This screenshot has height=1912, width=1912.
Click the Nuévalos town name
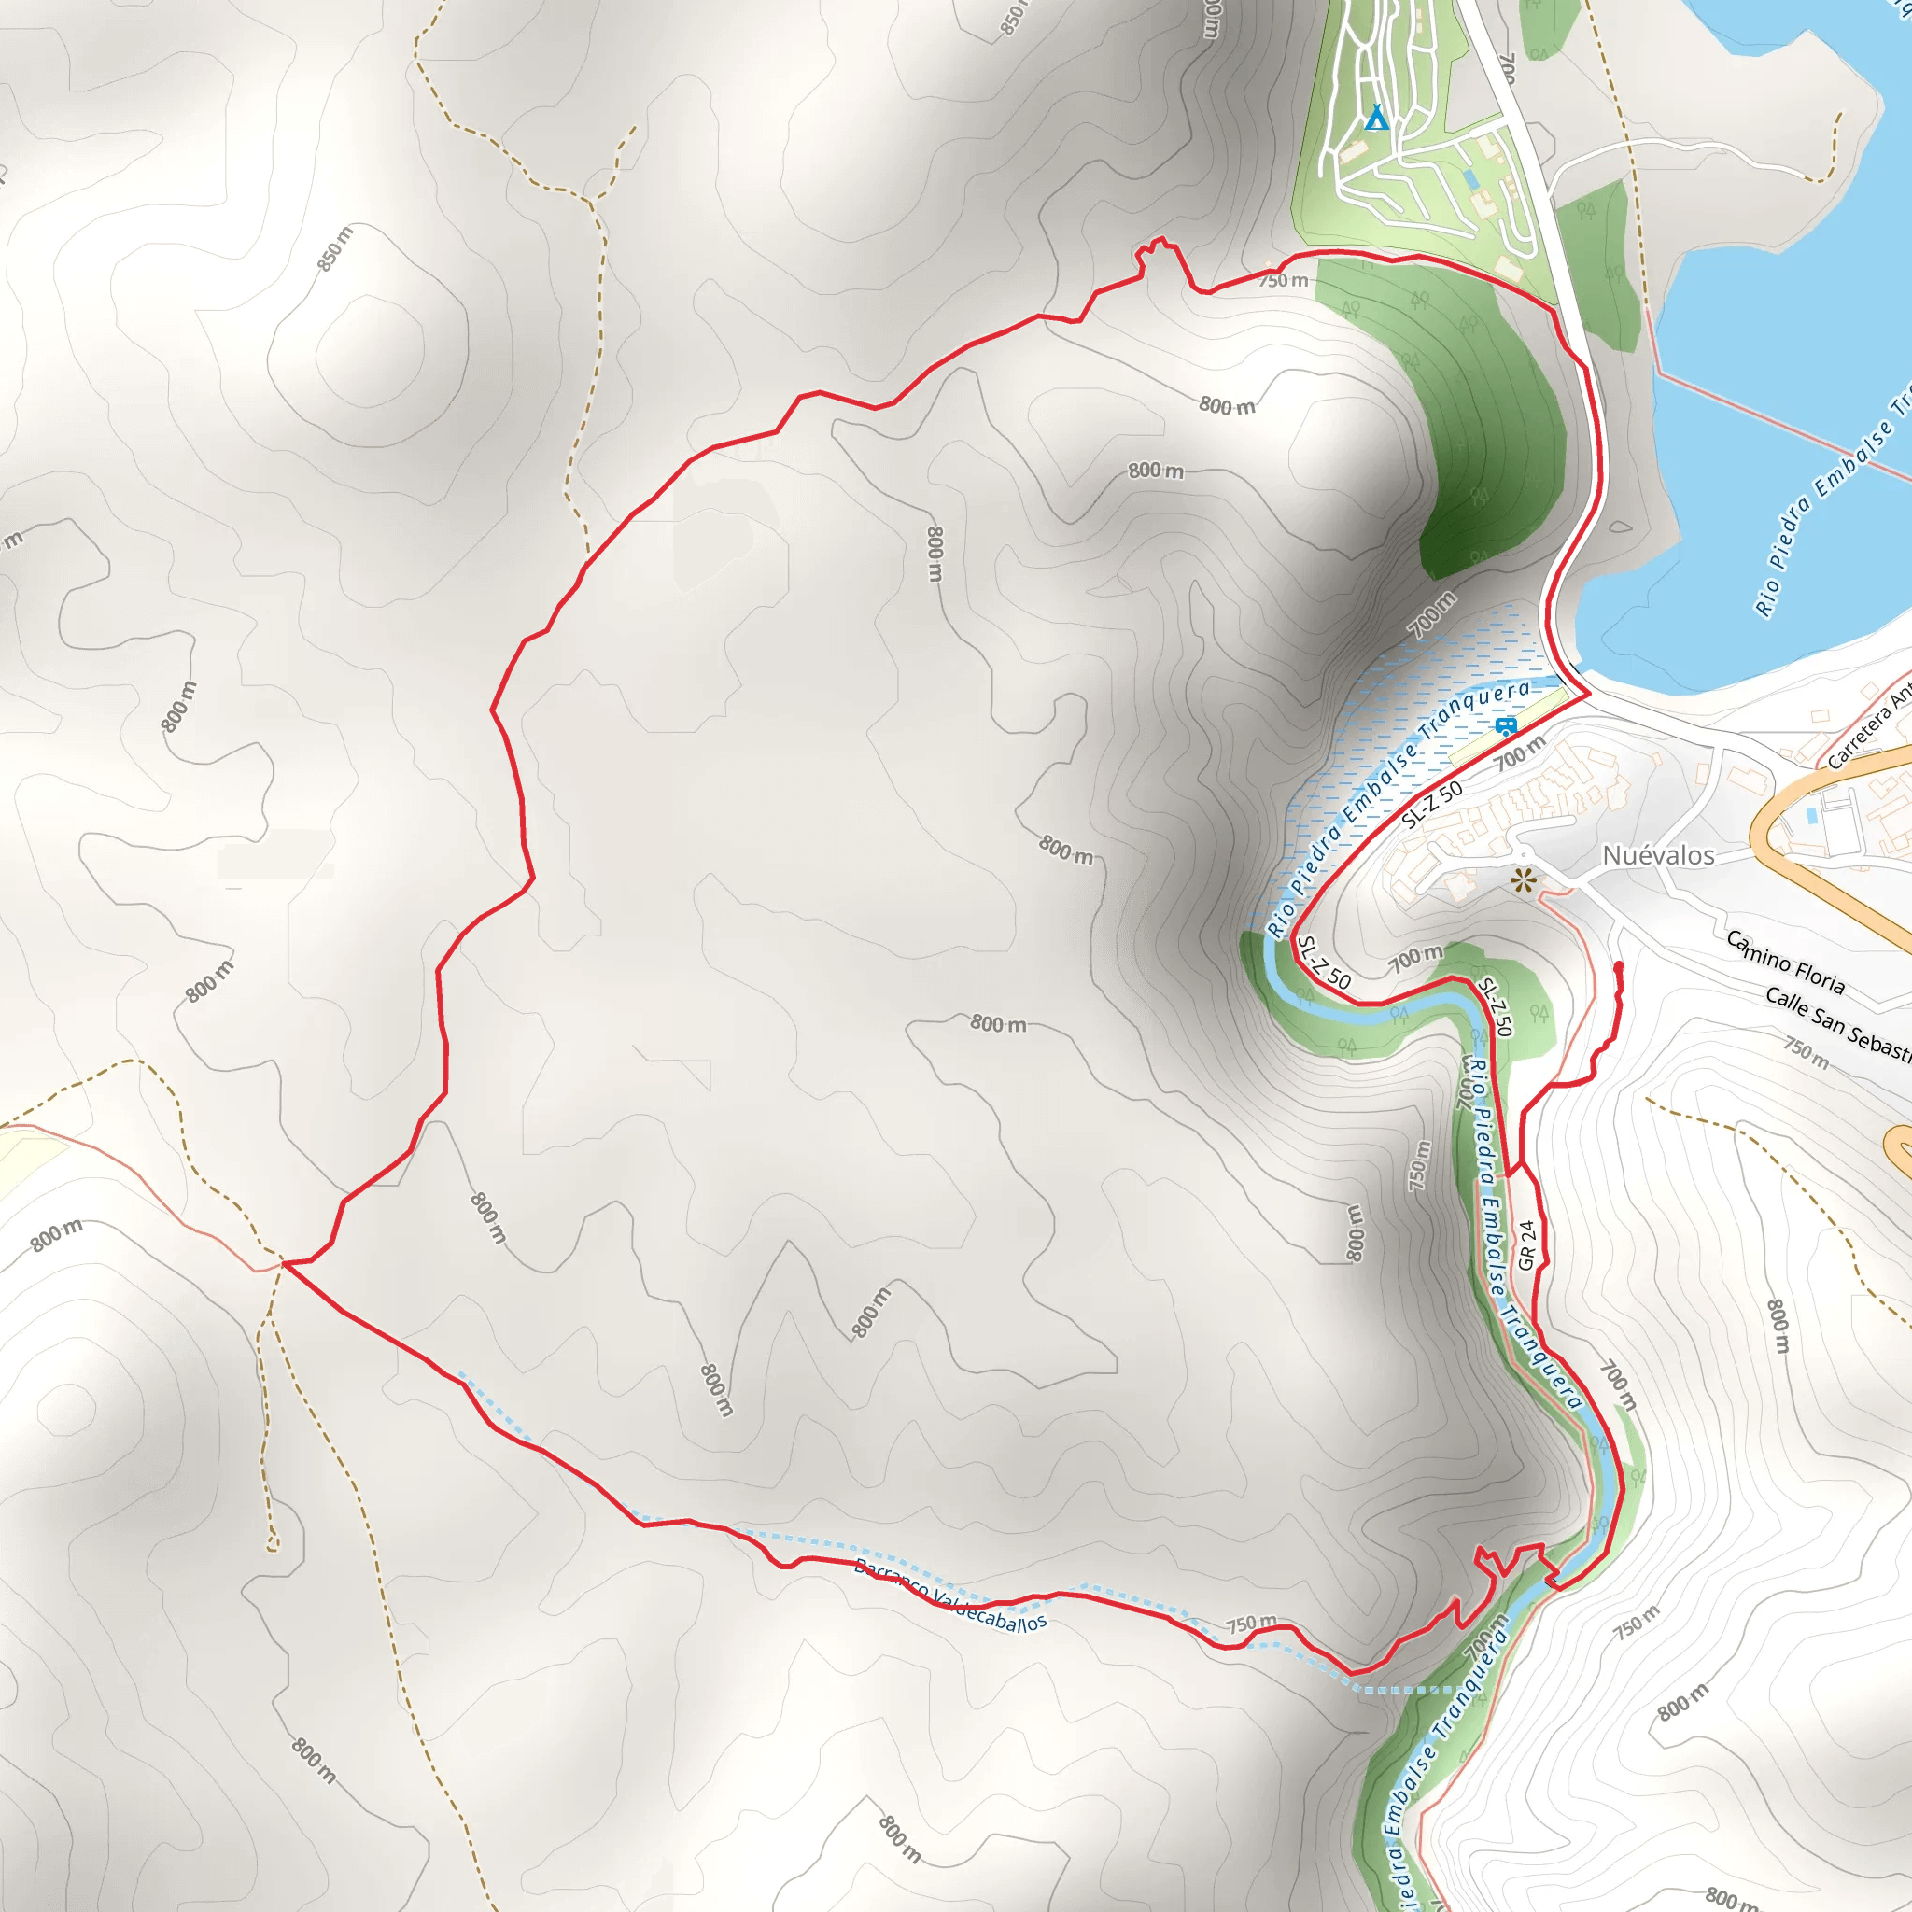coord(1658,855)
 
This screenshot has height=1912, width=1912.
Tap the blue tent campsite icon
coord(1375,119)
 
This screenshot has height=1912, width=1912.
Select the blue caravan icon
coord(1505,727)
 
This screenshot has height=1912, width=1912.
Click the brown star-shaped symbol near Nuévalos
coord(1523,879)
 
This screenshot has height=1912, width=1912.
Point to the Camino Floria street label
coord(1785,961)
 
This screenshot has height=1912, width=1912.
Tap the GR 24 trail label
coord(1527,1245)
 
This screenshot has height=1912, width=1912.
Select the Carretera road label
coord(1867,731)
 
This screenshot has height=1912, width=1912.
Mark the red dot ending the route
coord(1618,966)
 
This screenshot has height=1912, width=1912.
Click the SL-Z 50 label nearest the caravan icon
coord(1431,805)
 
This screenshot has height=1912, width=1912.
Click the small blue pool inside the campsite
coord(1470,179)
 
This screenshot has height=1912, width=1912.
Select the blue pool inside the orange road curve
coord(1812,817)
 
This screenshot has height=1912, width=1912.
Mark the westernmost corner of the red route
coord(284,1263)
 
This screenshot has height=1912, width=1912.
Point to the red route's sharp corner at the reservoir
coord(1588,694)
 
